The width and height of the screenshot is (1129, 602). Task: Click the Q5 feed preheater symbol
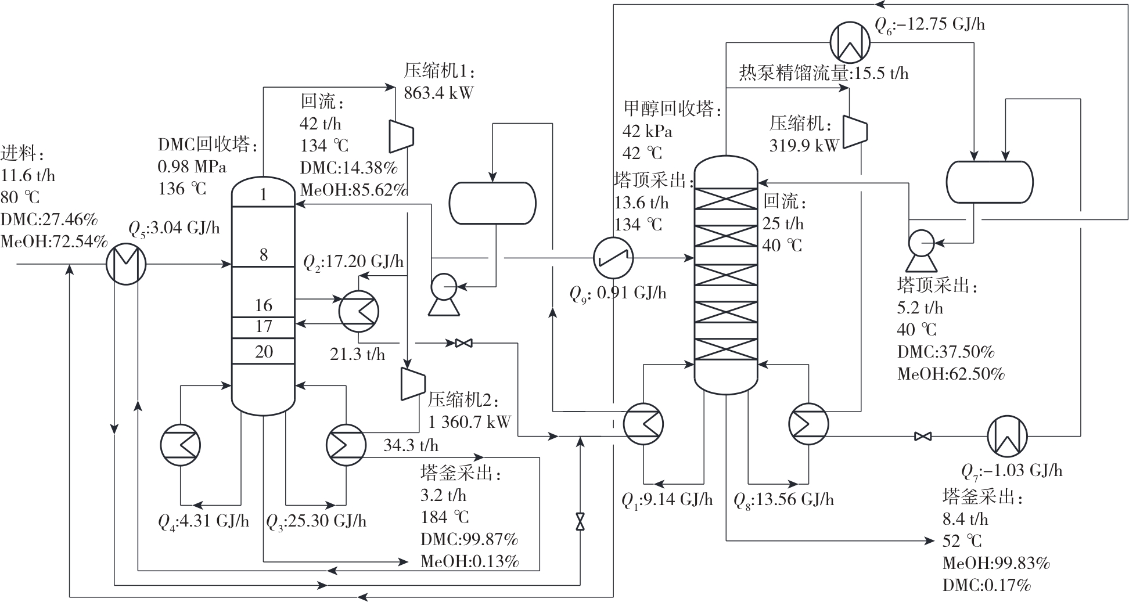(126, 264)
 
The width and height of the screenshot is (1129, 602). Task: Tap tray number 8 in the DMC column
(264, 254)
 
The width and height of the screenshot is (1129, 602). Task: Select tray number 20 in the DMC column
(264, 351)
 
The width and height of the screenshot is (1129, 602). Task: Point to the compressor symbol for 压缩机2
(413, 383)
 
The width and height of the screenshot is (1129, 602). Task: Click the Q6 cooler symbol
(850, 42)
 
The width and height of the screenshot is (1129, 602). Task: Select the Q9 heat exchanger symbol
(613, 258)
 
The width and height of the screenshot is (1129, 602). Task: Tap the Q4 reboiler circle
(181, 445)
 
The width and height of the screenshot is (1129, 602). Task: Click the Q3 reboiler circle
(346, 445)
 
